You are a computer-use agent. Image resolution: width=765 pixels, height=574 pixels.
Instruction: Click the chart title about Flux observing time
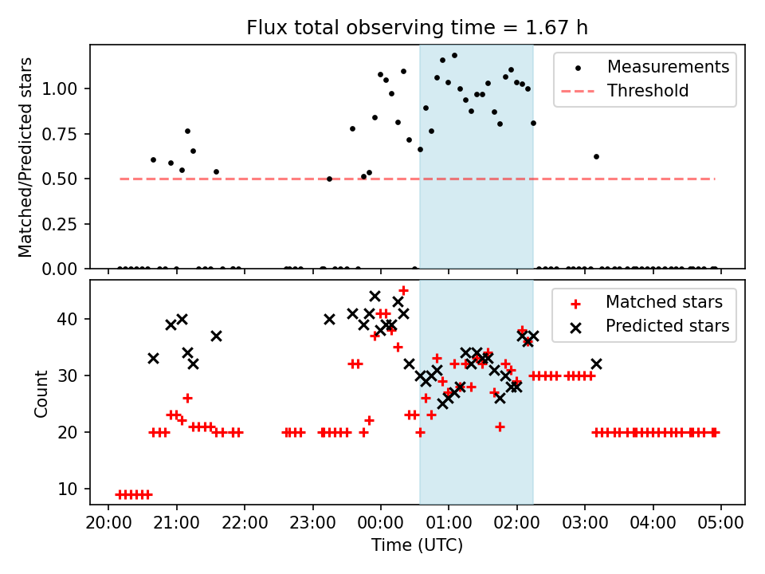tap(417, 28)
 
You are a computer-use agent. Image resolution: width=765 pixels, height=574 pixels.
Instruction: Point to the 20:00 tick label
tap(108, 525)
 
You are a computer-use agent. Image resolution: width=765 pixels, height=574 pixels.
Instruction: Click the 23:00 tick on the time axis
tap(312, 525)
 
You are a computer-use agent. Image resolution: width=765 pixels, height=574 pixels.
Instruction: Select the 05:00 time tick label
tap(721, 525)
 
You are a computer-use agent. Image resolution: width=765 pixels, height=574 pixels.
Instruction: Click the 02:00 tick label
tap(517, 525)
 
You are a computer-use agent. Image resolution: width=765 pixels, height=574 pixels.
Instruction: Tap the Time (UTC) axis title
tap(417, 546)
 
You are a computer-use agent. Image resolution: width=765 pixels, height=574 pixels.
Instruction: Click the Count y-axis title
tap(41, 393)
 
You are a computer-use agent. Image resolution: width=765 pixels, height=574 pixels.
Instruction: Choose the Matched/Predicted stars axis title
tap(26, 157)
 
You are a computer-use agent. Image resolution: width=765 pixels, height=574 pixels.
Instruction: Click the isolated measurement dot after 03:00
tap(596, 156)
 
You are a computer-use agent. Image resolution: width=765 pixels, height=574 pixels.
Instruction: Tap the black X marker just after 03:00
tap(596, 364)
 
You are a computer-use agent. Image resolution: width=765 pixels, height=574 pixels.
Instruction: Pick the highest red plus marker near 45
tap(403, 290)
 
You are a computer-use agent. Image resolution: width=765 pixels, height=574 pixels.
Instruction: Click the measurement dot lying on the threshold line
tap(329, 179)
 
